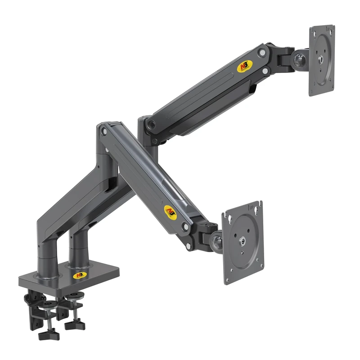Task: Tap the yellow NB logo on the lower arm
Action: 170,210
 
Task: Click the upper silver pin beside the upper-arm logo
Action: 261,53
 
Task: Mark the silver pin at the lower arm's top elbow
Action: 104,131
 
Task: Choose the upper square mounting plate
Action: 322,60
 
